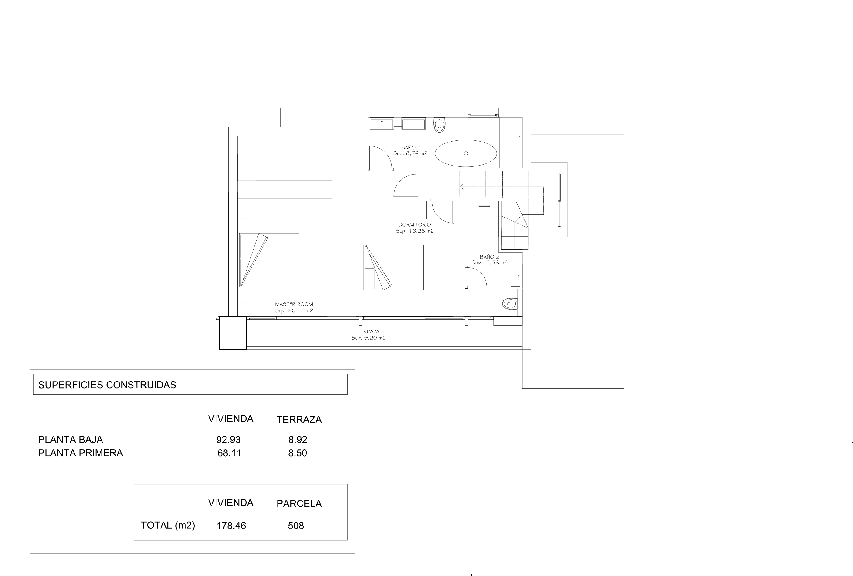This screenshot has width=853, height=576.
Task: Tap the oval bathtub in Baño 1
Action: [466, 153]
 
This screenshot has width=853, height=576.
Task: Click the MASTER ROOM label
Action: [294, 304]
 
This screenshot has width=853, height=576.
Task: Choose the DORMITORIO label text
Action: [415, 225]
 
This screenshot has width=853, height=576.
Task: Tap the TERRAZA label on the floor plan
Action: [368, 331]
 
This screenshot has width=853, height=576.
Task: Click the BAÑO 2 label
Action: [490, 257]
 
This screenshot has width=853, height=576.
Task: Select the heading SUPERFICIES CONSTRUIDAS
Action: [107, 385]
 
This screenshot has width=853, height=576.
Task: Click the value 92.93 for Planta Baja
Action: [228, 440]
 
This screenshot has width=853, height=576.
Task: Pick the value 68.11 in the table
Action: [230, 453]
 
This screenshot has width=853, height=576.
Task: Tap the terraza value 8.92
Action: [298, 440]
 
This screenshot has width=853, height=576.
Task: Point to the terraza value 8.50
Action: [298, 453]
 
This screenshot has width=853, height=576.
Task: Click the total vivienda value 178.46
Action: [231, 526]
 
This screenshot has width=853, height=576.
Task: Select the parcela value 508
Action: [296, 526]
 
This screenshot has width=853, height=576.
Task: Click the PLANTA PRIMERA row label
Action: [80, 453]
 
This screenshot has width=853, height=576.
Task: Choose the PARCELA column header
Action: [299, 504]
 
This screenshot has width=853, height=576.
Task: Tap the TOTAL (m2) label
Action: [168, 525]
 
